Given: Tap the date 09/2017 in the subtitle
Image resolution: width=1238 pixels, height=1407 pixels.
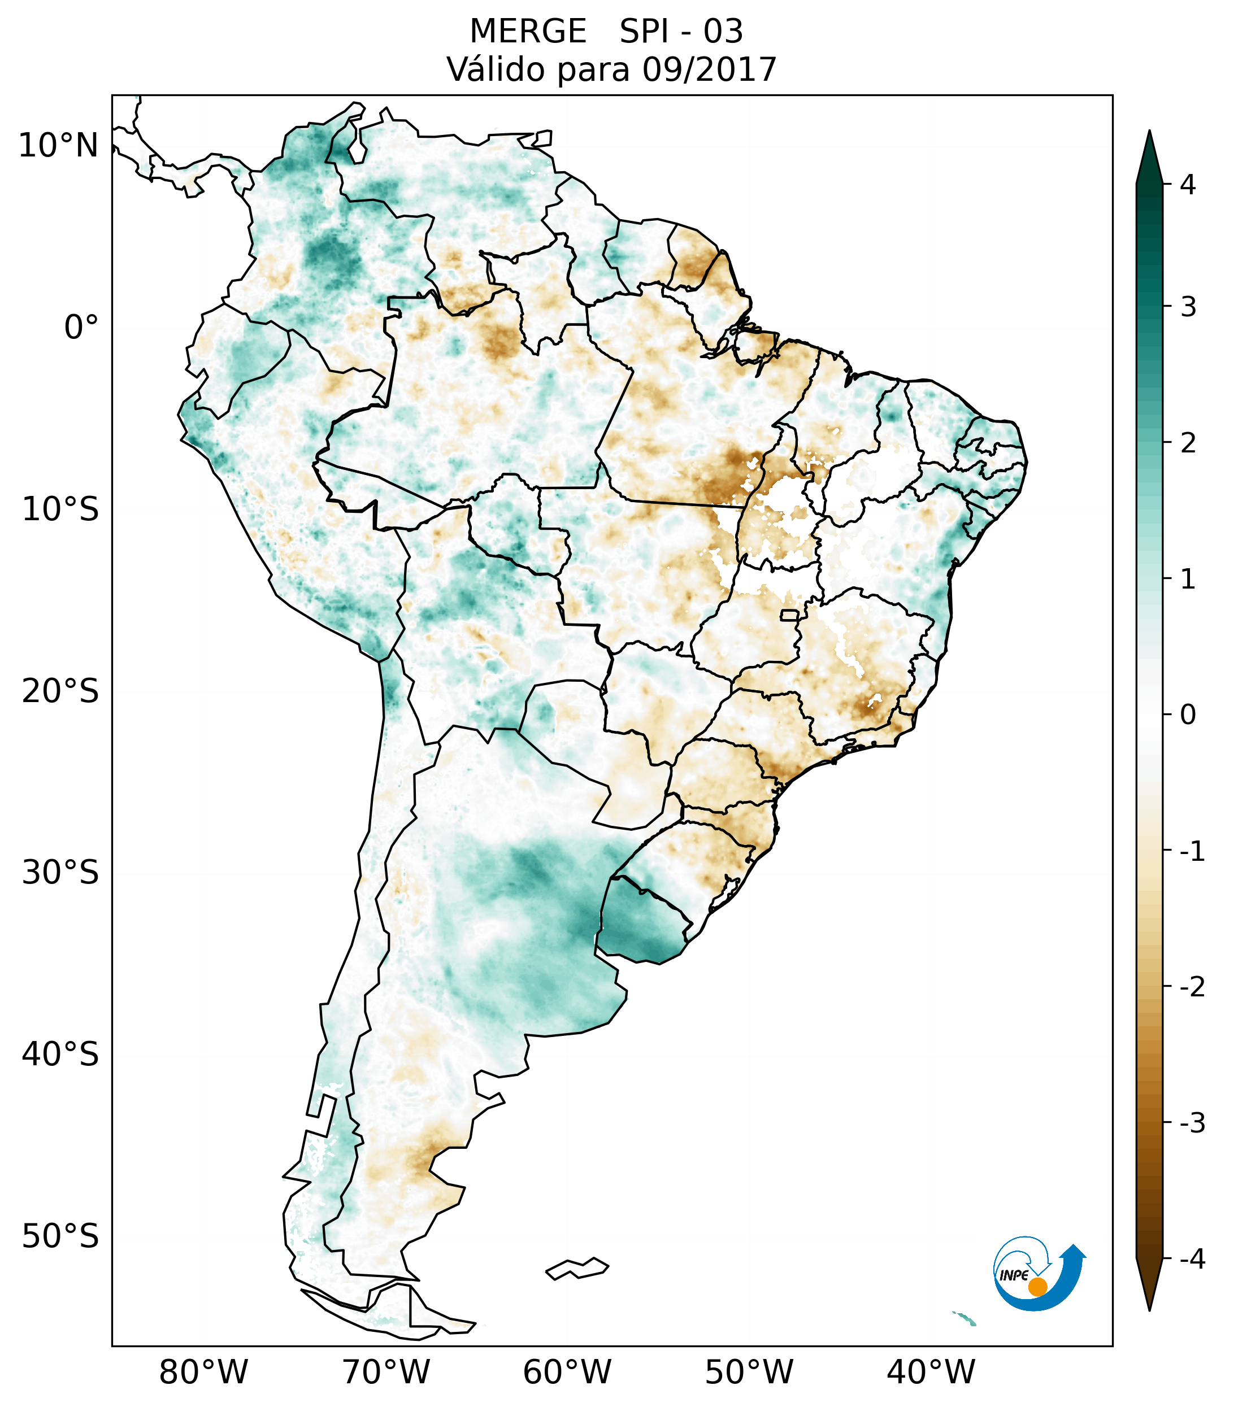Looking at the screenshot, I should tap(709, 69).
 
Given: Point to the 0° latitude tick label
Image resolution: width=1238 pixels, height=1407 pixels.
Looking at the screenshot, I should tap(81, 328).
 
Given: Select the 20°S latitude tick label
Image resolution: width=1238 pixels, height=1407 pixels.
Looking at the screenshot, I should tap(60, 691).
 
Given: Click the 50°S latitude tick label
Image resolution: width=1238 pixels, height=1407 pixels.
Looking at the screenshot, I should tap(60, 1237).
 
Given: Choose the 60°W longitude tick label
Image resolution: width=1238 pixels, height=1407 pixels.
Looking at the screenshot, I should tap(567, 1371).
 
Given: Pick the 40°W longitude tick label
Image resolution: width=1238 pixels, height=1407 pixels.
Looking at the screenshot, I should tap(931, 1371).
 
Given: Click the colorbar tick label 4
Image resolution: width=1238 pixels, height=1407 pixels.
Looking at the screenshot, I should tap(1188, 185).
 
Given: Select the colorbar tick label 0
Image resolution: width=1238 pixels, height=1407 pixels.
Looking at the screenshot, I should tap(1188, 715).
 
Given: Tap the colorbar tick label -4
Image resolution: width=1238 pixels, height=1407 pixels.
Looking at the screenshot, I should tap(1192, 1259).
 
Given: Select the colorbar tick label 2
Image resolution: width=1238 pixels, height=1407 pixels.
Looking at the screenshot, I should tap(1188, 443).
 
